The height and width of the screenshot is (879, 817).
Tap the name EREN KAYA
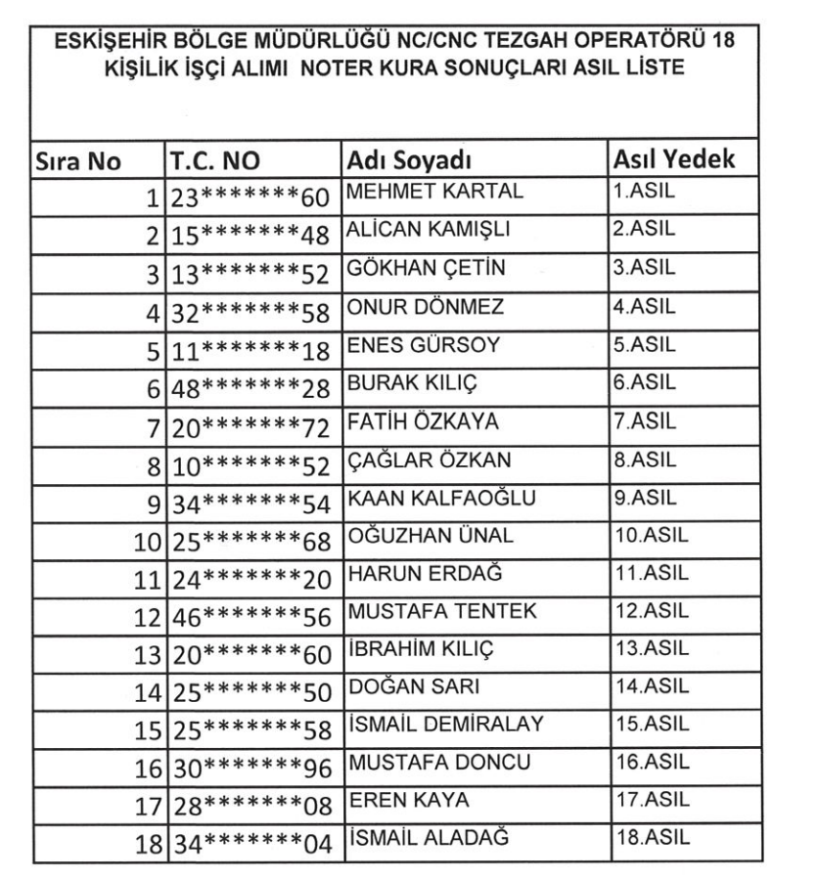[x=397, y=801]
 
